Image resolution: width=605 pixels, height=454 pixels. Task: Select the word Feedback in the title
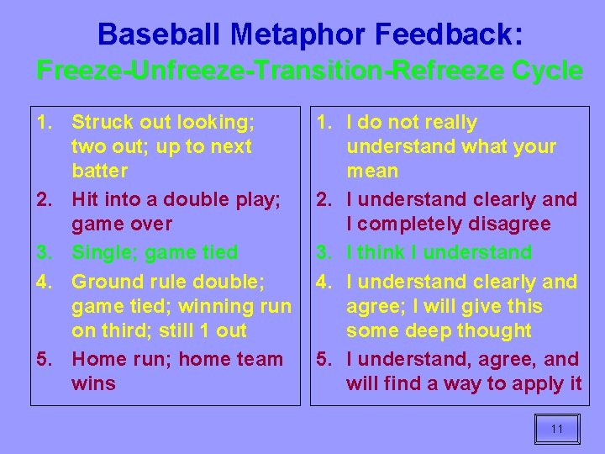coord(445,34)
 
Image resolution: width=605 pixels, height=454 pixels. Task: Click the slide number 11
coord(556,429)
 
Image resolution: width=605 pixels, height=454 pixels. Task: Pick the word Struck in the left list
coord(100,123)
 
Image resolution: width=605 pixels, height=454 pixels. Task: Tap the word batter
coord(100,172)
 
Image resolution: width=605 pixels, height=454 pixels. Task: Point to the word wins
coord(93,384)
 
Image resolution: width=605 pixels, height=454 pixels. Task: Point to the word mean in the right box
coord(372,172)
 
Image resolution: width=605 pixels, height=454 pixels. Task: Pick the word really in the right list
coord(445,123)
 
